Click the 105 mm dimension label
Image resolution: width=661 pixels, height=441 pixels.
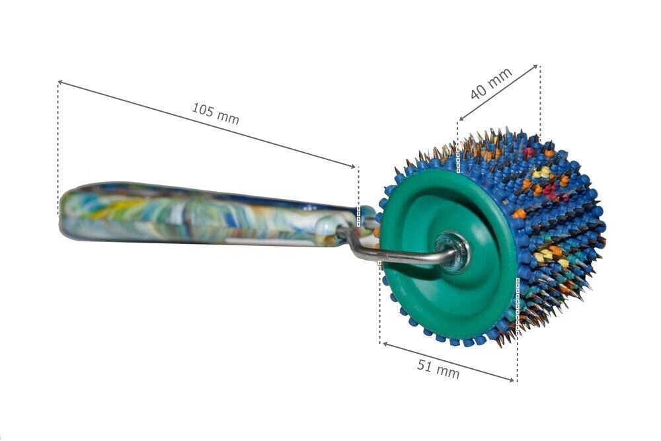(215, 114)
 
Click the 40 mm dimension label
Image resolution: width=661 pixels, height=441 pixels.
(491, 83)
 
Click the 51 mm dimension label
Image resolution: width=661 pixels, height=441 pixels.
(438, 368)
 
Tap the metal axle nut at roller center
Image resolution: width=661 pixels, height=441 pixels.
(452, 252)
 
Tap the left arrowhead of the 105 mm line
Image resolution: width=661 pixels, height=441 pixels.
(60, 82)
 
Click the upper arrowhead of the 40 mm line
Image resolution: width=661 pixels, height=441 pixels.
(535, 67)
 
